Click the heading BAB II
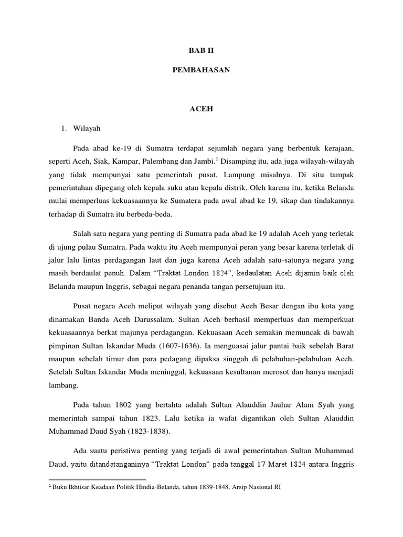click(x=201, y=51)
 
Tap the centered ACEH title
click(x=201, y=109)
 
